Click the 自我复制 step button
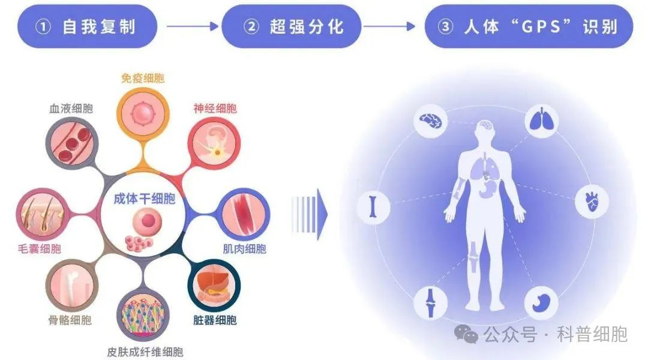tap(87, 26)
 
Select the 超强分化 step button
tap(292, 26)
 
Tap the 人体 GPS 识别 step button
tap(529, 26)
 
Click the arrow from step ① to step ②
tap(192, 26)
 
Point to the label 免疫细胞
tap(143, 78)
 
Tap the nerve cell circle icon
tap(214, 143)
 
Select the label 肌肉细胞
tap(244, 249)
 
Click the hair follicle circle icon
tap(42, 215)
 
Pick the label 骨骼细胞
tap(70, 320)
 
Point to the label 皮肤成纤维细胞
tap(145, 352)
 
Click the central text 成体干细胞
tap(145, 199)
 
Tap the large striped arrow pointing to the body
tap(310, 214)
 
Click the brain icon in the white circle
tap(430, 121)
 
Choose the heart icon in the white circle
tap(592, 202)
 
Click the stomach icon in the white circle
tap(541, 302)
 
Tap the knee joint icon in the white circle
tap(430, 302)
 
